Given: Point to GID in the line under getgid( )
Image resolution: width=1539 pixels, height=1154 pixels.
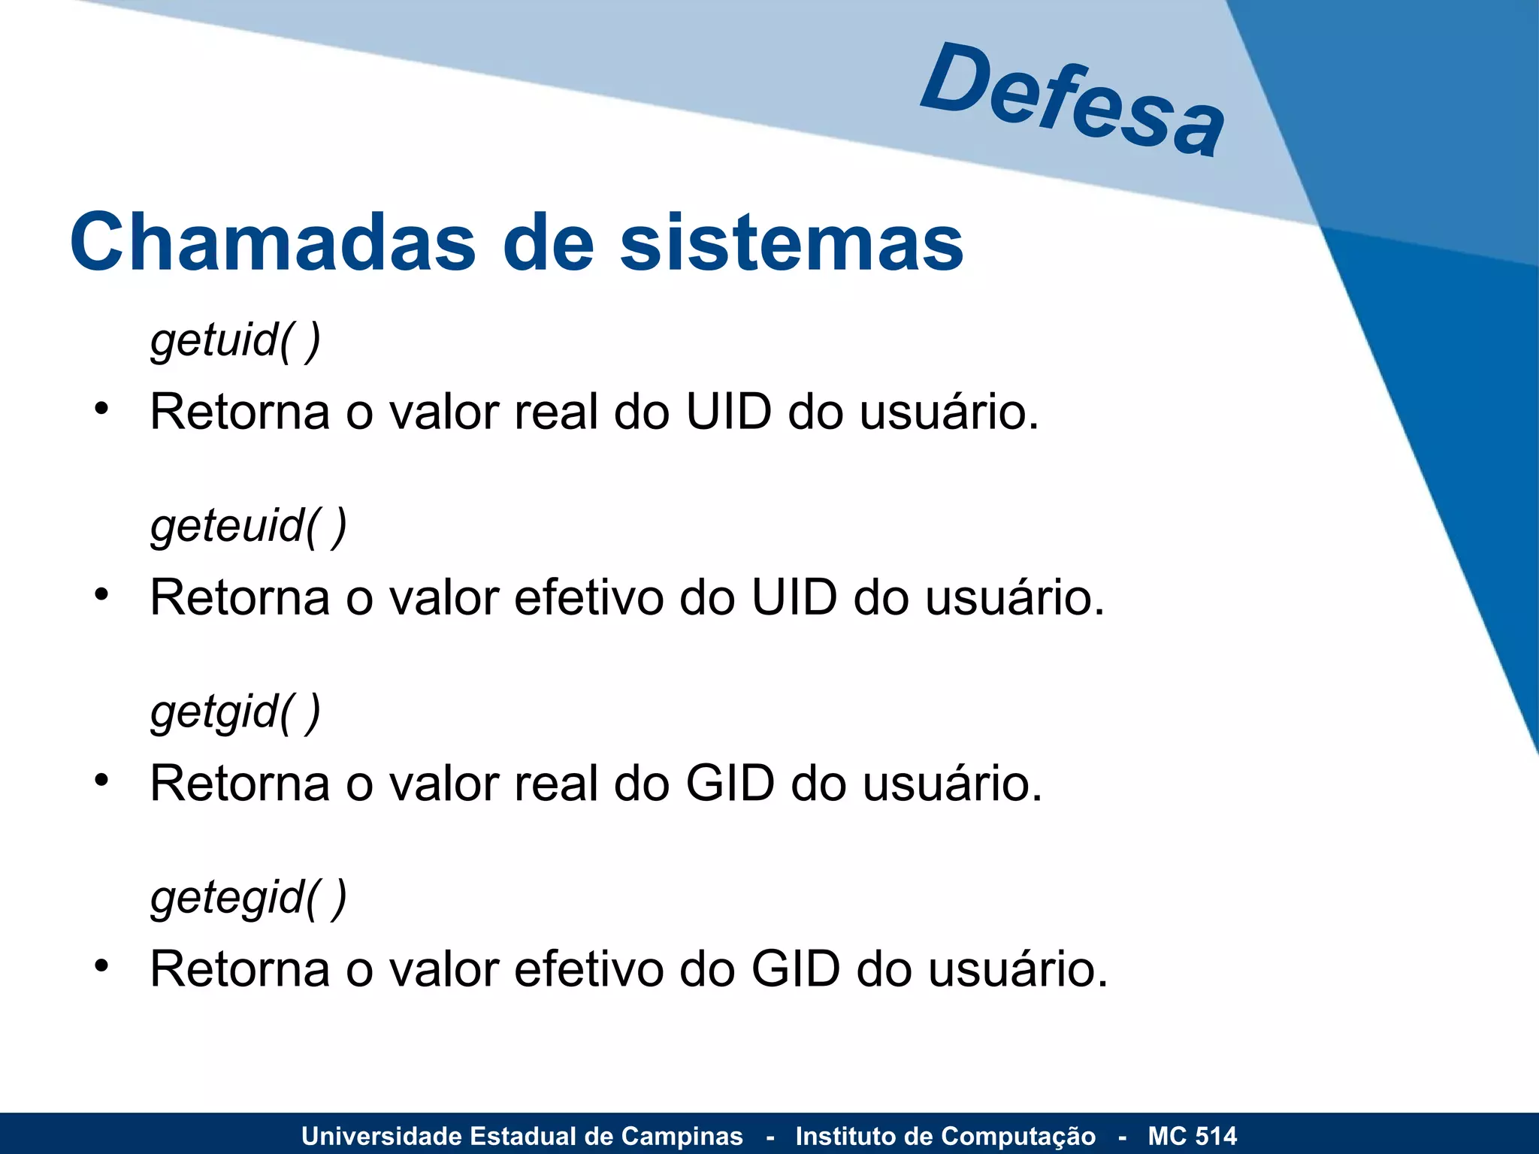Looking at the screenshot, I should (730, 784).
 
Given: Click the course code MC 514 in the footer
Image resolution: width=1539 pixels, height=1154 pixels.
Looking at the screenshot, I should (1192, 1136).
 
